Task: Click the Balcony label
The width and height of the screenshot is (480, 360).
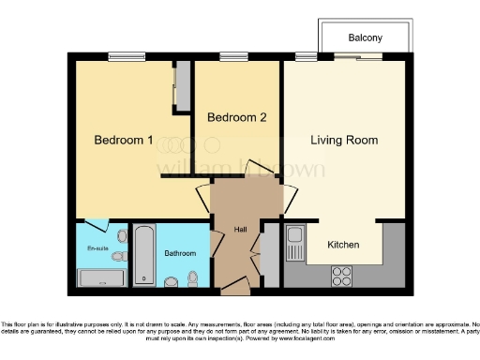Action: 365,38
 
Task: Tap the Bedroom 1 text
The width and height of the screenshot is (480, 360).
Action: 124,141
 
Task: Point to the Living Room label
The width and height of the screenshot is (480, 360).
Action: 344,141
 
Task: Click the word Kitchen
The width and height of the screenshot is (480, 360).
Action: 343,245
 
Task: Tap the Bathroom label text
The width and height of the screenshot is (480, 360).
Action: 180,253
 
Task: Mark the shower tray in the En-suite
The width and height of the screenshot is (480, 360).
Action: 101,277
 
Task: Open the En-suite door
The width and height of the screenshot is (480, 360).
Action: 97,224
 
